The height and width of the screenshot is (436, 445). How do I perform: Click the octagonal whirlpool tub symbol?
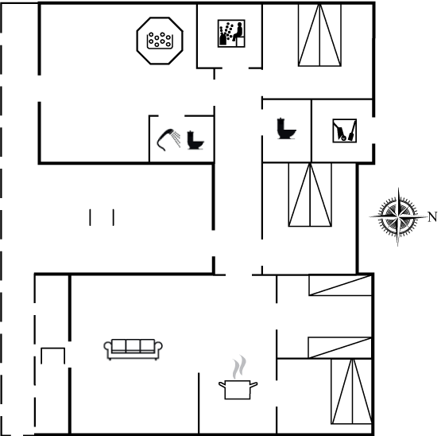(x=160, y=41)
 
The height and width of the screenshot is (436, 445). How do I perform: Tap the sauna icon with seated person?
(x=231, y=33)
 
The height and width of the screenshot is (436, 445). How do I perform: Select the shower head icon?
(x=168, y=139)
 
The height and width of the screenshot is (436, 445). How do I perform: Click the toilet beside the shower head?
(x=195, y=140)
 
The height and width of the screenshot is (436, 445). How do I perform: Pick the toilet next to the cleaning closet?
(x=286, y=128)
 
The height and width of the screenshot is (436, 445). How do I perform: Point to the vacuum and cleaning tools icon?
(x=345, y=130)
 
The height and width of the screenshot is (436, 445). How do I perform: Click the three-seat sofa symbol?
(x=133, y=349)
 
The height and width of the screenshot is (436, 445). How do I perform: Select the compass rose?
(x=398, y=216)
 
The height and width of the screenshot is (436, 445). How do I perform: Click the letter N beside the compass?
(x=432, y=217)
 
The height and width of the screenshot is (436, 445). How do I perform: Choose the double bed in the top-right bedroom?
(x=319, y=35)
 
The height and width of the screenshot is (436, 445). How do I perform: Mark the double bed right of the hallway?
(x=310, y=195)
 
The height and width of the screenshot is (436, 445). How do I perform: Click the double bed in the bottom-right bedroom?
(x=351, y=391)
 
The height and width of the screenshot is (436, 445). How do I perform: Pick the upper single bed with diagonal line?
(x=340, y=285)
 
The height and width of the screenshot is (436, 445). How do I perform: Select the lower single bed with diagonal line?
(x=340, y=348)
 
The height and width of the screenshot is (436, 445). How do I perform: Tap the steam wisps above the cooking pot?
(x=239, y=367)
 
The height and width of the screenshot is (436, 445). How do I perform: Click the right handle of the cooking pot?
(x=253, y=385)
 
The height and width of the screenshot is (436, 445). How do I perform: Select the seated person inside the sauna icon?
(x=238, y=33)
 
